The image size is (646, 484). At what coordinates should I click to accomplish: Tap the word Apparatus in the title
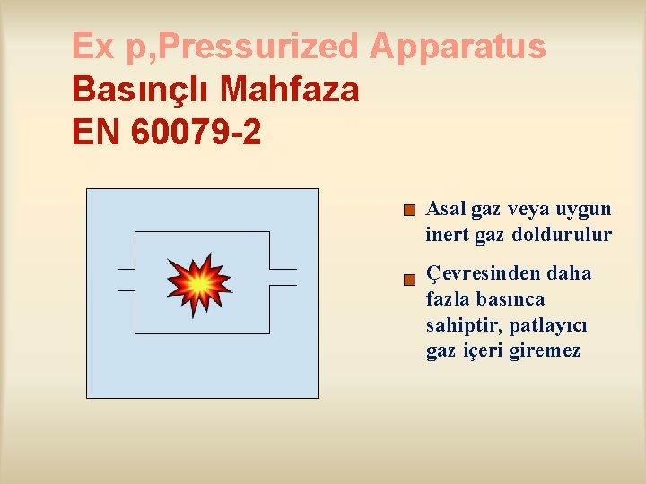coord(458,47)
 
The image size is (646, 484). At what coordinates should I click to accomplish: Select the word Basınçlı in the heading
coord(141,90)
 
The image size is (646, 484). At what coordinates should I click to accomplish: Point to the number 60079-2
coord(196,133)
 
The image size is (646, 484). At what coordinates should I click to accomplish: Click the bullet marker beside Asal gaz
coord(409,212)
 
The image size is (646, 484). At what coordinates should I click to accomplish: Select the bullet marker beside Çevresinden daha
coord(409,280)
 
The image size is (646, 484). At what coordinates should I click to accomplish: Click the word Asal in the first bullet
coord(446,210)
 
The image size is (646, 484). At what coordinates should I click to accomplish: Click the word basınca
coord(511,298)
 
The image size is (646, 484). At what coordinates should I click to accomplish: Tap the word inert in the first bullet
coord(446,236)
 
